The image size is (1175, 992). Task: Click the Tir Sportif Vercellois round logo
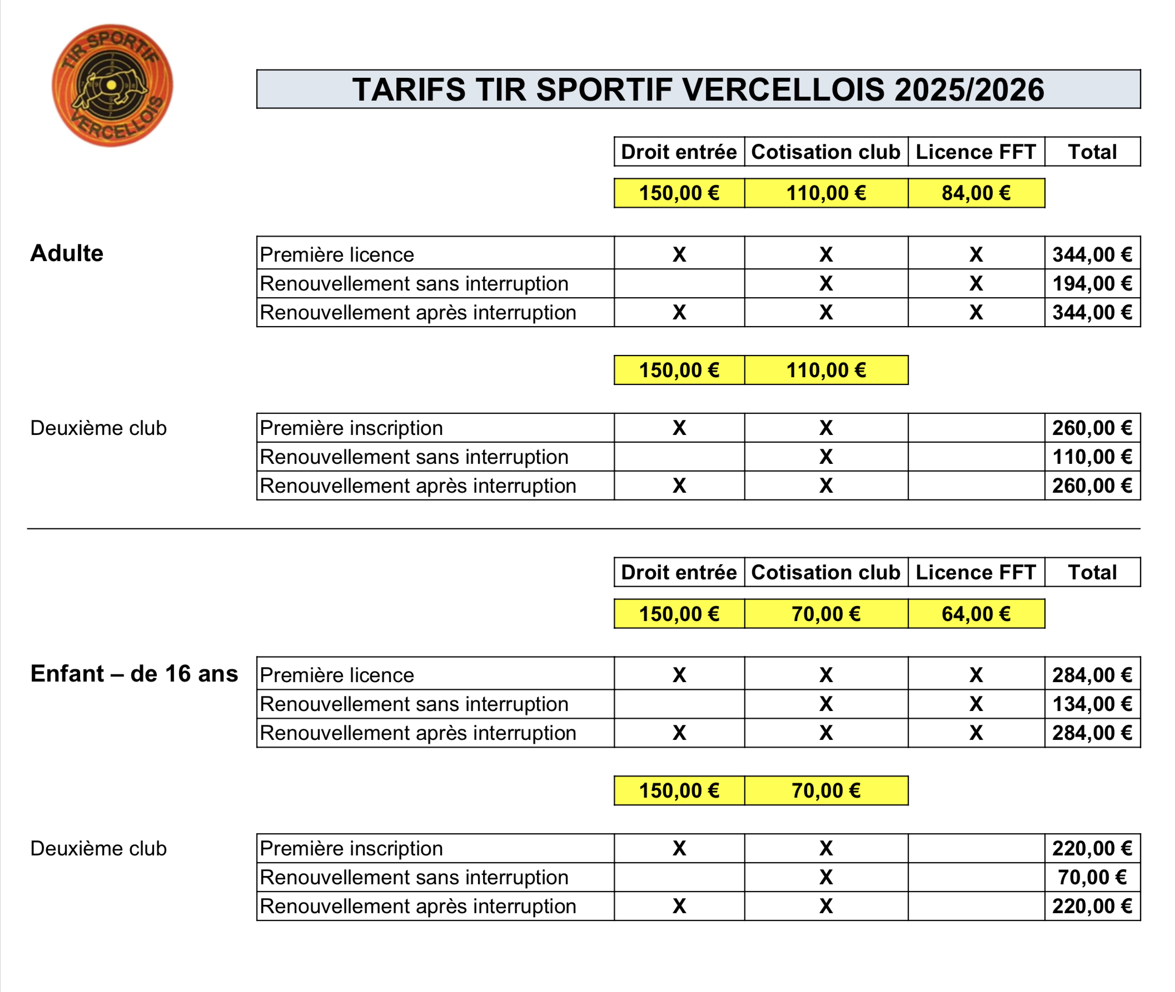[x=112, y=86]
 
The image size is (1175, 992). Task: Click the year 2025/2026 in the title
[x=968, y=90]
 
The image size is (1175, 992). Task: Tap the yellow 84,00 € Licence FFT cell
[x=975, y=193]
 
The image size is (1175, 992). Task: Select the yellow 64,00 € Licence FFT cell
[x=975, y=614]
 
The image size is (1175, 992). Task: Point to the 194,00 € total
[x=1092, y=284]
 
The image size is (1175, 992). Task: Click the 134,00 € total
[x=1092, y=704]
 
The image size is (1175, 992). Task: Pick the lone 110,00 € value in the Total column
[x=1092, y=457]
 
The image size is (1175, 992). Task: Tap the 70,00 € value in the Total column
[x=1092, y=877]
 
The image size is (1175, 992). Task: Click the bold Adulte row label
[x=66, y=254]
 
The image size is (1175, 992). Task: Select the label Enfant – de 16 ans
[x=134, y=674]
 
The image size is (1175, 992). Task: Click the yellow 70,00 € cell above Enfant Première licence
[x=825, y=614]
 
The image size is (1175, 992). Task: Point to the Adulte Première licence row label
[x=336, y=255]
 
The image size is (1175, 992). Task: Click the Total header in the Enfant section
[x=1092, y=573]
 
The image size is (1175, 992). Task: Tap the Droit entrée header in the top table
[x=679, y=152]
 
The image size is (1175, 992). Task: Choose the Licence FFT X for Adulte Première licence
[x=975, y=255]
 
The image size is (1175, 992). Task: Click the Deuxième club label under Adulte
[x=98, y=428]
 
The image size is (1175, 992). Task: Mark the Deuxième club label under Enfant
[x=98, y=849]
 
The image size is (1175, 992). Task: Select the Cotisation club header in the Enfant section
[x=825, y=573]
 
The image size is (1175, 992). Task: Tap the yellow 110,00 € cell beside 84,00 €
[x=825, y=193]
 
